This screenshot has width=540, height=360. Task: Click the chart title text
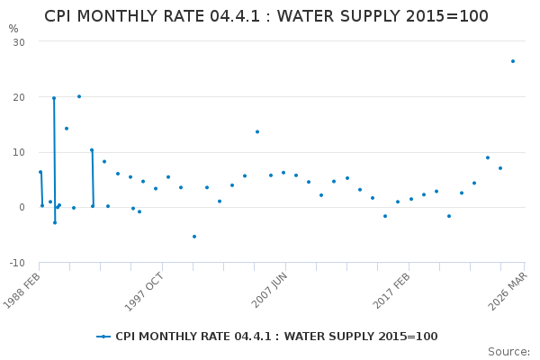[266, 16]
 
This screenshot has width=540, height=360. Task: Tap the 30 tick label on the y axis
[19, 42]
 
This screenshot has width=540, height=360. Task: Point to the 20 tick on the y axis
[19, 97]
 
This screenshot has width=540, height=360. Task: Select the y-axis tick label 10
[19, 152]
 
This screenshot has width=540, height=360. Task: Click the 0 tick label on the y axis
[22, 207]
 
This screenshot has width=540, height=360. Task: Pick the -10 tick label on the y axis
[17, 263]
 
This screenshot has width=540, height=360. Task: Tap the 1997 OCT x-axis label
[147, 291]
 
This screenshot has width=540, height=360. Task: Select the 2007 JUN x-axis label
[270, 291]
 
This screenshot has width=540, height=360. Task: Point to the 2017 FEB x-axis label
[393, 291]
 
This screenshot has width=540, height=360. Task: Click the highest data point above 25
[513, 61]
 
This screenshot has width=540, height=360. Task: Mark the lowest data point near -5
[193, 237]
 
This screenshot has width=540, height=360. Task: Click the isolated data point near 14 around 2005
[256, 132]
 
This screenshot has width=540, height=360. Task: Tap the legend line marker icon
[103, 337]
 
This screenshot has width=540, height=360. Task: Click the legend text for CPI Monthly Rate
[276, 337]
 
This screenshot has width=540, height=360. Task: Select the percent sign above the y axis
[13, 29]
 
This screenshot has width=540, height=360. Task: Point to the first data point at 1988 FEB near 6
[40, 172]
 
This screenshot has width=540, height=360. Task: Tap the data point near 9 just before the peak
[488, 157]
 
